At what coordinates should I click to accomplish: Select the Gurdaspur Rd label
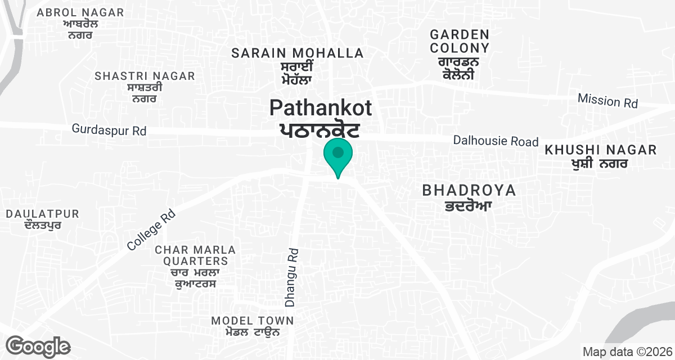109,130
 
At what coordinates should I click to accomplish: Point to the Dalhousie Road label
496,141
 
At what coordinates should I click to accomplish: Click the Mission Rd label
607,101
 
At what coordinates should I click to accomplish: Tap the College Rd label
151,230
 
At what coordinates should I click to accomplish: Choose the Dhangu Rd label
291,278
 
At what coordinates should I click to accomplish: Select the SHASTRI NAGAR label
145,76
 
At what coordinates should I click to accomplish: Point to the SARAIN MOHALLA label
298,53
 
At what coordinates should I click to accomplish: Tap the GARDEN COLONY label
459,42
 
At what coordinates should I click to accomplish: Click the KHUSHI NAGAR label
600,150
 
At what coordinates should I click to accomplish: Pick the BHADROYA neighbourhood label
469,191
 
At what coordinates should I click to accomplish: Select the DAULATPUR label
43,214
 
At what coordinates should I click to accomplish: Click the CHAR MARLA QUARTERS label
195,255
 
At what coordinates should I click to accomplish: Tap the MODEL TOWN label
253,321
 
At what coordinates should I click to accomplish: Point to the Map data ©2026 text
627,352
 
